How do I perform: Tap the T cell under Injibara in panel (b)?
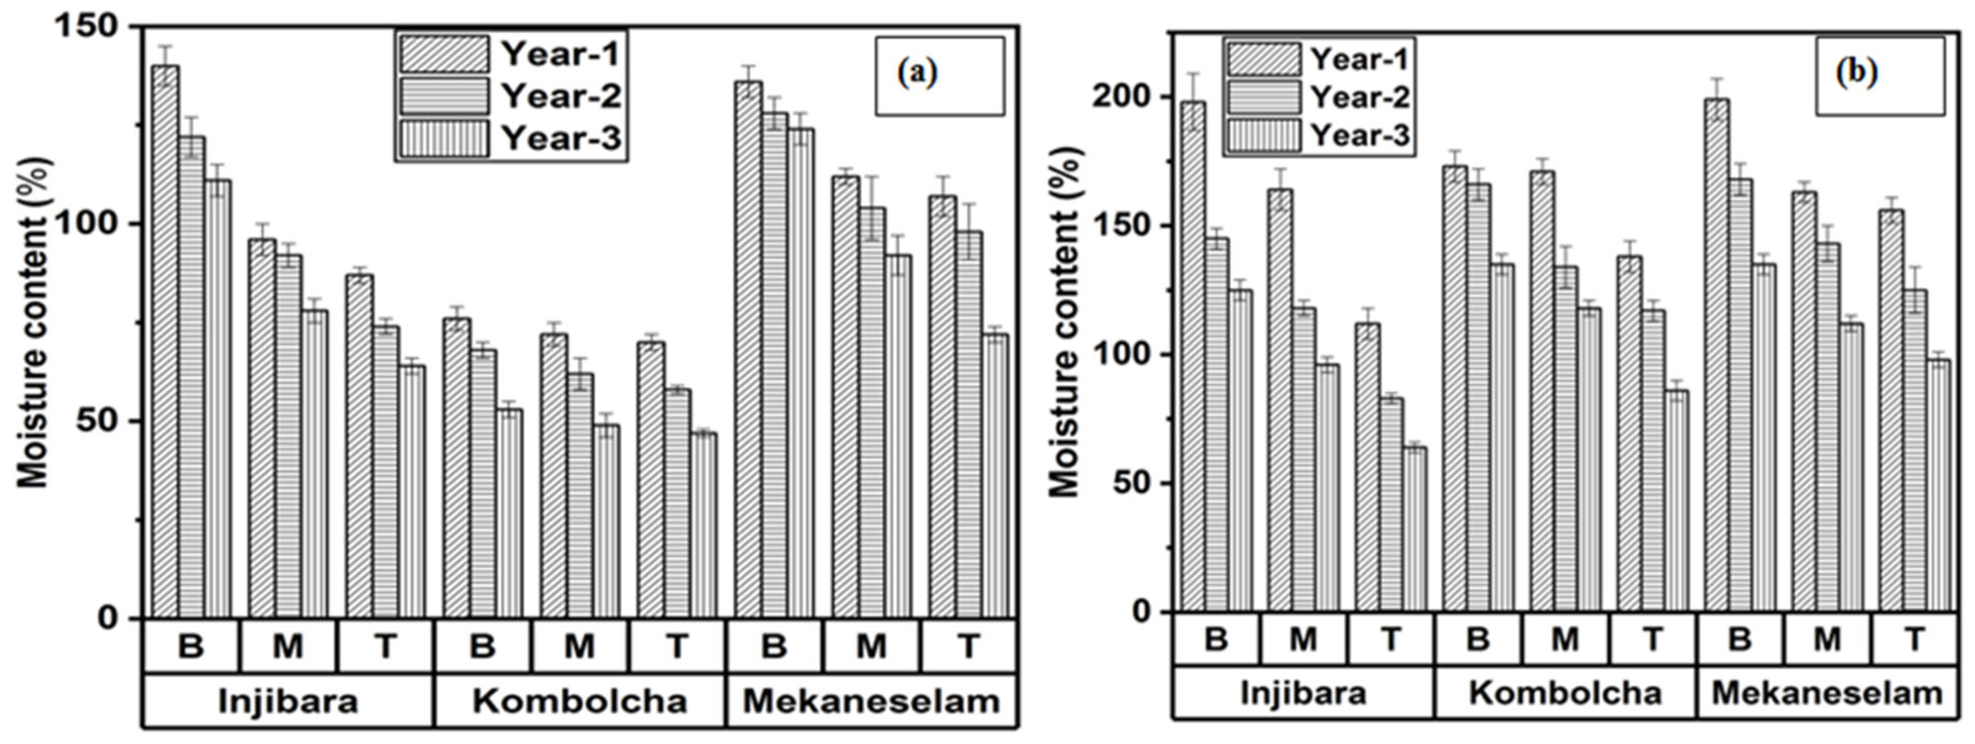1390,638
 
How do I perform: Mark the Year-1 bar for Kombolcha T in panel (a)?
651,479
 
